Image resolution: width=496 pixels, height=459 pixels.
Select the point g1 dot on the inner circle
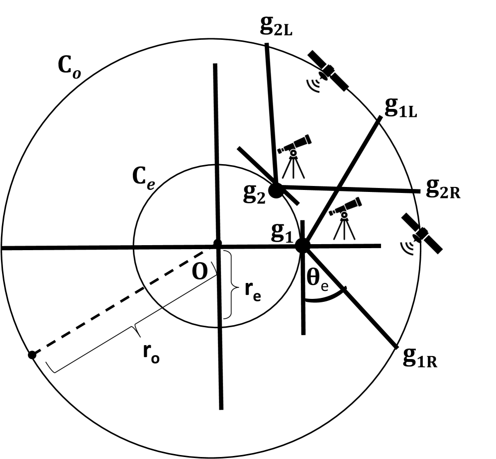[302, 245]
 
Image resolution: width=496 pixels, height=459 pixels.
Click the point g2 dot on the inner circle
[276, 189]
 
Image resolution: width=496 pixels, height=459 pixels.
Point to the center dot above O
[217, 244]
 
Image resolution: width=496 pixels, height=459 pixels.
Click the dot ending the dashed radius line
[32, 355]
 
